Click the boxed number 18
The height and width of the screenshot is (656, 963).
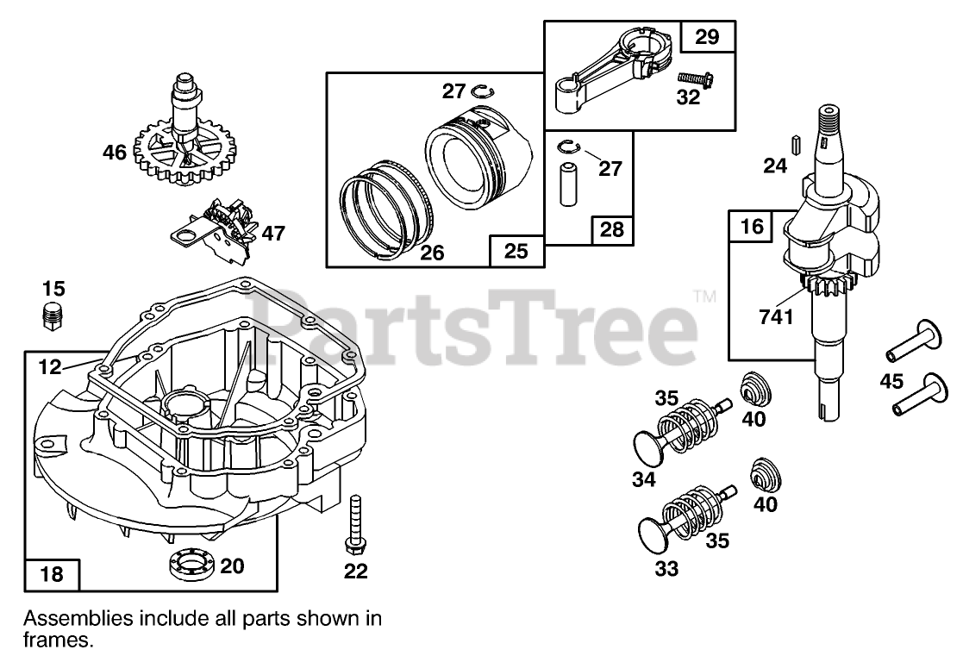[x=52, y=574]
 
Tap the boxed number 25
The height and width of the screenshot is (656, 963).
[x=516, y=252]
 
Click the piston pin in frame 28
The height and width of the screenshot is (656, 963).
[x=568, y=180]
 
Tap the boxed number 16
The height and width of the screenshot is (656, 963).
[x=752, y=227]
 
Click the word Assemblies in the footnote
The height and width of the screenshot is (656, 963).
[x=78, y=618]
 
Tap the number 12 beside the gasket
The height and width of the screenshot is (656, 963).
[x=50, y=367]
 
